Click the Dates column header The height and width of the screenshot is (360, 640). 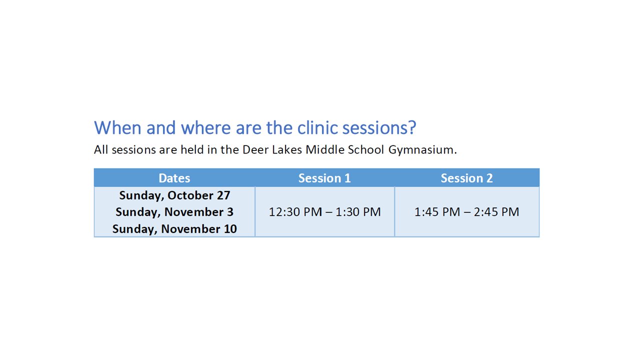(x=174, y=178)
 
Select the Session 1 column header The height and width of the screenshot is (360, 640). (x=324, y=178)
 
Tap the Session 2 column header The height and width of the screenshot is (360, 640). (x=466, y=178)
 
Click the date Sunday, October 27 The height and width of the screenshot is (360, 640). (x=174, y=195)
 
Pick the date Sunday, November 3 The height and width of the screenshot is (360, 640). (x=174, y=212)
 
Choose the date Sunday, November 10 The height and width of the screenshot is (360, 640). (x=174, y=229)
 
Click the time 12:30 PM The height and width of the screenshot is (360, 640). (x=295, y=212)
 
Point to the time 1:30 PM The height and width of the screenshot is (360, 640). (x=358, y=212)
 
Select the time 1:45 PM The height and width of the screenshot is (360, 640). (x=437, y=212)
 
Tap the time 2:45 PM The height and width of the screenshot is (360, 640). (x=496, y=212)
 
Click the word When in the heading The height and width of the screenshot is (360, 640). (x=117, y=127)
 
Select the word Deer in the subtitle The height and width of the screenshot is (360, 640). (x=255, y=149)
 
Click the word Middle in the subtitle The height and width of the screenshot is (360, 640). (x=325, y=149)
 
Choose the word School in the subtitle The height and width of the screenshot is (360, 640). (x=365, y=149)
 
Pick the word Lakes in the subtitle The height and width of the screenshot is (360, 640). (x=287, y=149)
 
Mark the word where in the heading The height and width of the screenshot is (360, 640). (x=205, y=127)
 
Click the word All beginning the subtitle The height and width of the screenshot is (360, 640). (x=101, y=149)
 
